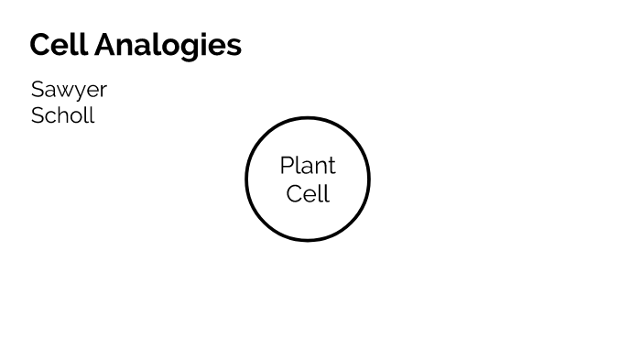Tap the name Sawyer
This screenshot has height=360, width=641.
coord(69,90)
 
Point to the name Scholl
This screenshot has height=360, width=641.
coord(62,115)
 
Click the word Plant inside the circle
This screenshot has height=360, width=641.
coord(308,166)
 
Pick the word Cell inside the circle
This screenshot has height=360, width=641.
coord(308,194)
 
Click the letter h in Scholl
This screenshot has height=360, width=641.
coord(61,115)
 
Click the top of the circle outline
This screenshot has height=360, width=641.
coord(308,118)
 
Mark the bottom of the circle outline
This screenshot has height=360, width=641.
coord(308,240)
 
